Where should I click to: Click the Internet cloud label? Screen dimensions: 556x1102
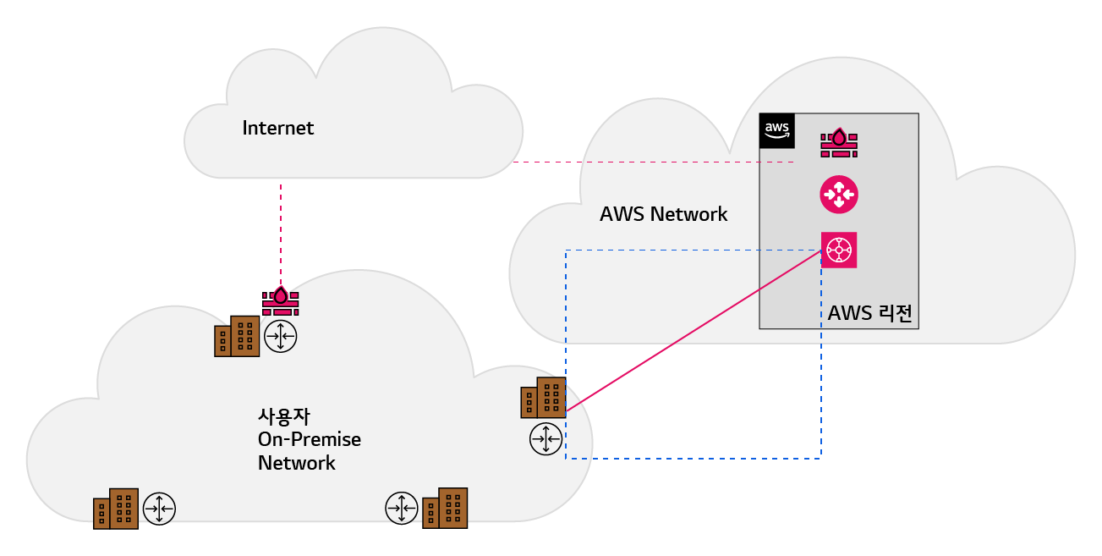pos(277,129)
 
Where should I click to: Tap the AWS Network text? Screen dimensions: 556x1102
pos(663,214)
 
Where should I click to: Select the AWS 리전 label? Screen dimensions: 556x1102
pos(870,313)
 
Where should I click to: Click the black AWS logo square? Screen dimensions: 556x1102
pos(777,130)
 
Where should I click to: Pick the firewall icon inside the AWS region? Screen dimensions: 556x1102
pos(839,142)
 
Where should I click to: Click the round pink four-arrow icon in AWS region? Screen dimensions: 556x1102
pos(839,195)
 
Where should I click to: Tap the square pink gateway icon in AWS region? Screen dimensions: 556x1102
pos(839,250)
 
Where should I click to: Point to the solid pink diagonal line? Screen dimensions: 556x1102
pos(694,331)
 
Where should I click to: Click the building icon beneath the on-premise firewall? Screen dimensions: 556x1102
pos(237,337)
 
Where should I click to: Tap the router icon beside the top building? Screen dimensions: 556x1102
pos(281,337)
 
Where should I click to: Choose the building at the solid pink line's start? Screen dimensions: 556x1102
pos(543,398)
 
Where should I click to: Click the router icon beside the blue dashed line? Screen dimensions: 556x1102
pos(546,438)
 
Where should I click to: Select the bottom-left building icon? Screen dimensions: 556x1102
pos(116,509)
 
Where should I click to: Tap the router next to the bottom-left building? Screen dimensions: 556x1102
pos(159,509)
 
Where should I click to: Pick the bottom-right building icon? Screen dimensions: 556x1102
pos(445,508)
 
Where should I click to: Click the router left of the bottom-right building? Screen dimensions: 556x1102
pos(401,509)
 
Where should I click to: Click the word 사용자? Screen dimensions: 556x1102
pos(279,417)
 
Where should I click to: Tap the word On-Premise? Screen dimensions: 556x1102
pos(309,440)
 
